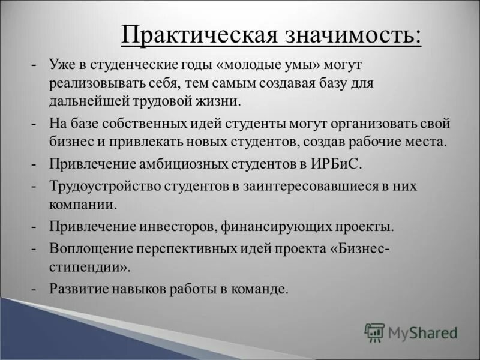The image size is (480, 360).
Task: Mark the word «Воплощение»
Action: point(89,249)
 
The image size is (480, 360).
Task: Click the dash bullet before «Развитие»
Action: point(36,289)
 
